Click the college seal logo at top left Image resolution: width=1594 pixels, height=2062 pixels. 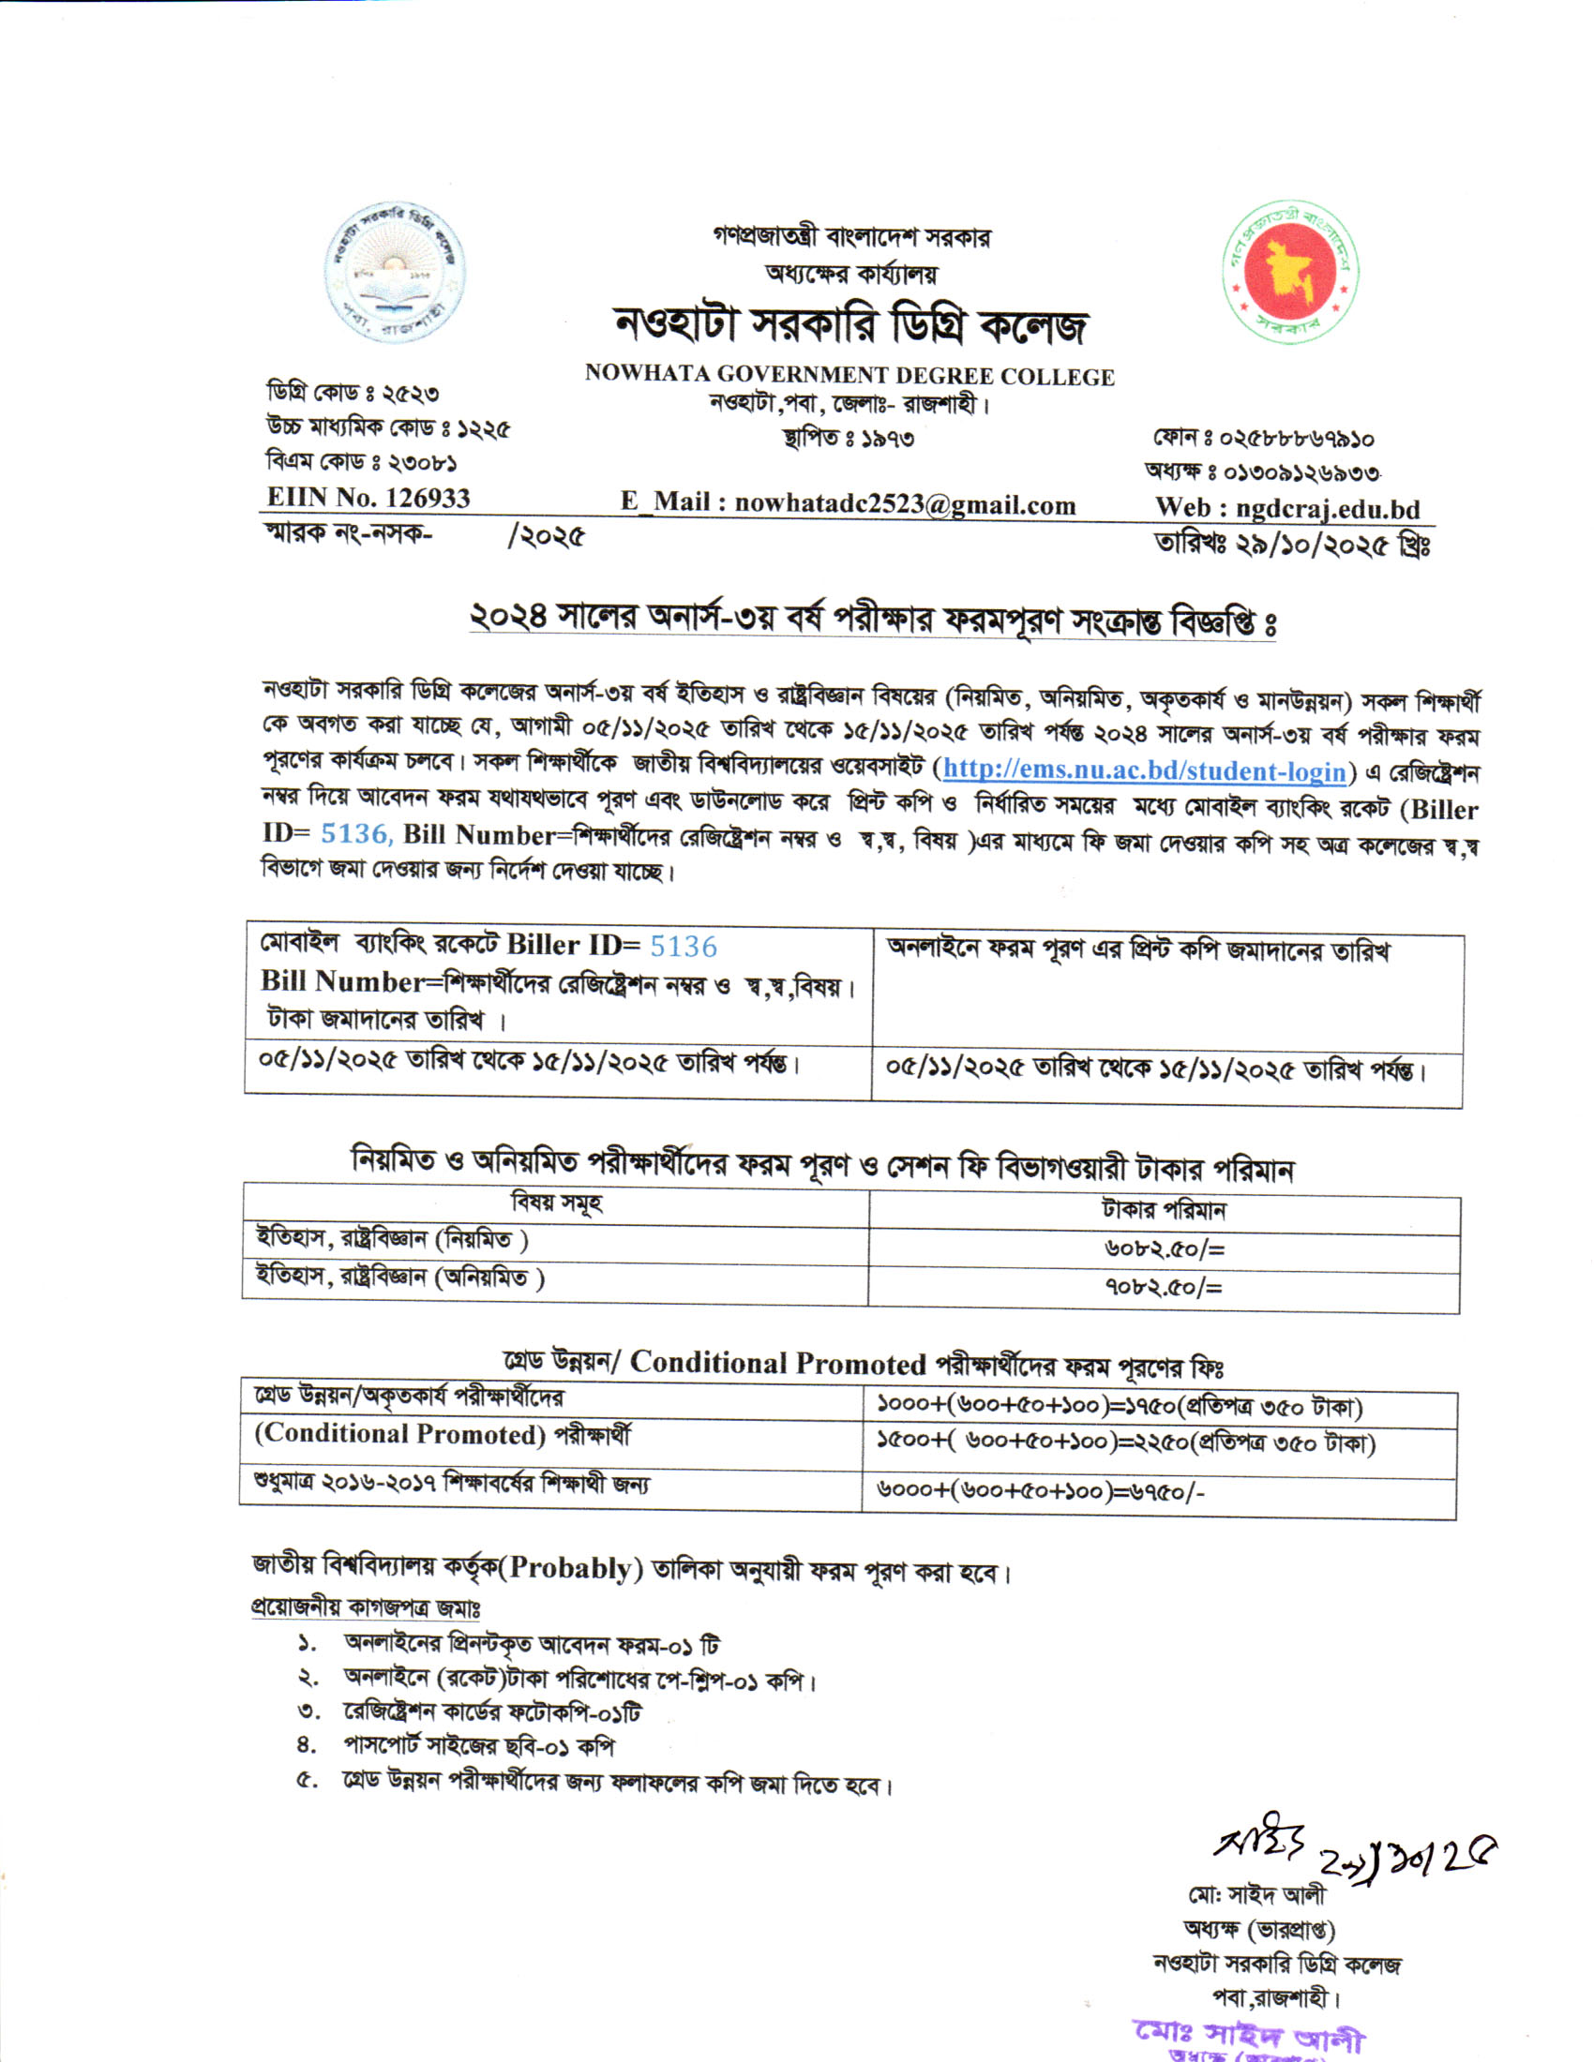point(395,273)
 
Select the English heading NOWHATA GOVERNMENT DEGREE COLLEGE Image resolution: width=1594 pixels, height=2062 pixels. point(849,376)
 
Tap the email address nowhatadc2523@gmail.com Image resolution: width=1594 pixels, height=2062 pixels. point(905,504)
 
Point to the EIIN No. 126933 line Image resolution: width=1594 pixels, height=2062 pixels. point(368,498)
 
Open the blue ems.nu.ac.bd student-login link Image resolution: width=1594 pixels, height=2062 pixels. point(1144,770)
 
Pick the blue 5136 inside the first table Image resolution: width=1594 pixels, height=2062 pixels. point(683,946)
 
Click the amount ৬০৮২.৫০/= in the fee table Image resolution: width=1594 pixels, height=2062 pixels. point(1164,1249)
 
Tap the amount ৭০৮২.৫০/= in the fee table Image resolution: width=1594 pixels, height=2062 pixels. point(1164,1287)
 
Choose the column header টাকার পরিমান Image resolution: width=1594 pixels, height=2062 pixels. point(1164,1210)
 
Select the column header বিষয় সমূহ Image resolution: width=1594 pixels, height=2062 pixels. point(556,1203)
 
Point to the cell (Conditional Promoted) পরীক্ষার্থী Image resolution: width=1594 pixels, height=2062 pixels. point(442,1435)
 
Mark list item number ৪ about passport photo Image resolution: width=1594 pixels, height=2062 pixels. point(478,1747)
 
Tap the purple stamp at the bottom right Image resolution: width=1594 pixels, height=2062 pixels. point(1248,2040)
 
